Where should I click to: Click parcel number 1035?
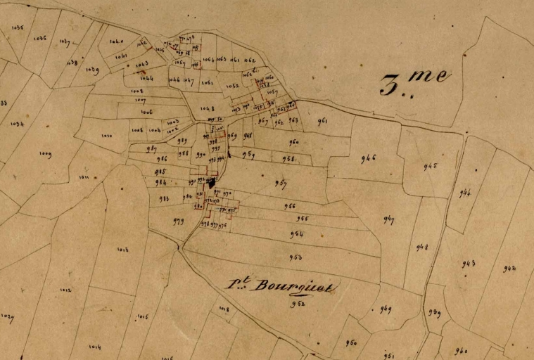(18, 27)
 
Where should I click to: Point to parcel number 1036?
(40, 38)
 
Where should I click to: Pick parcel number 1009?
(46, 153)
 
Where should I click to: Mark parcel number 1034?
(18, 124)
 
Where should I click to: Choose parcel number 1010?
(106, 136)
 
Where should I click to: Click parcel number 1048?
(207, 108)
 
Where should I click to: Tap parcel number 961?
(322, 121)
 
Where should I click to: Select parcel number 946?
(368, 158)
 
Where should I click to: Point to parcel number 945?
(430, 167)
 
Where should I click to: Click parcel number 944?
(464, 193)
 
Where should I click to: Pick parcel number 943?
(468, 264)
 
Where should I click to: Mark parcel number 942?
(509, 268)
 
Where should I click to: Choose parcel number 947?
(388, 220)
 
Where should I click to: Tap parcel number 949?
(386, 309)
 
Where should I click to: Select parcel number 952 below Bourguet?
(298, 304)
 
